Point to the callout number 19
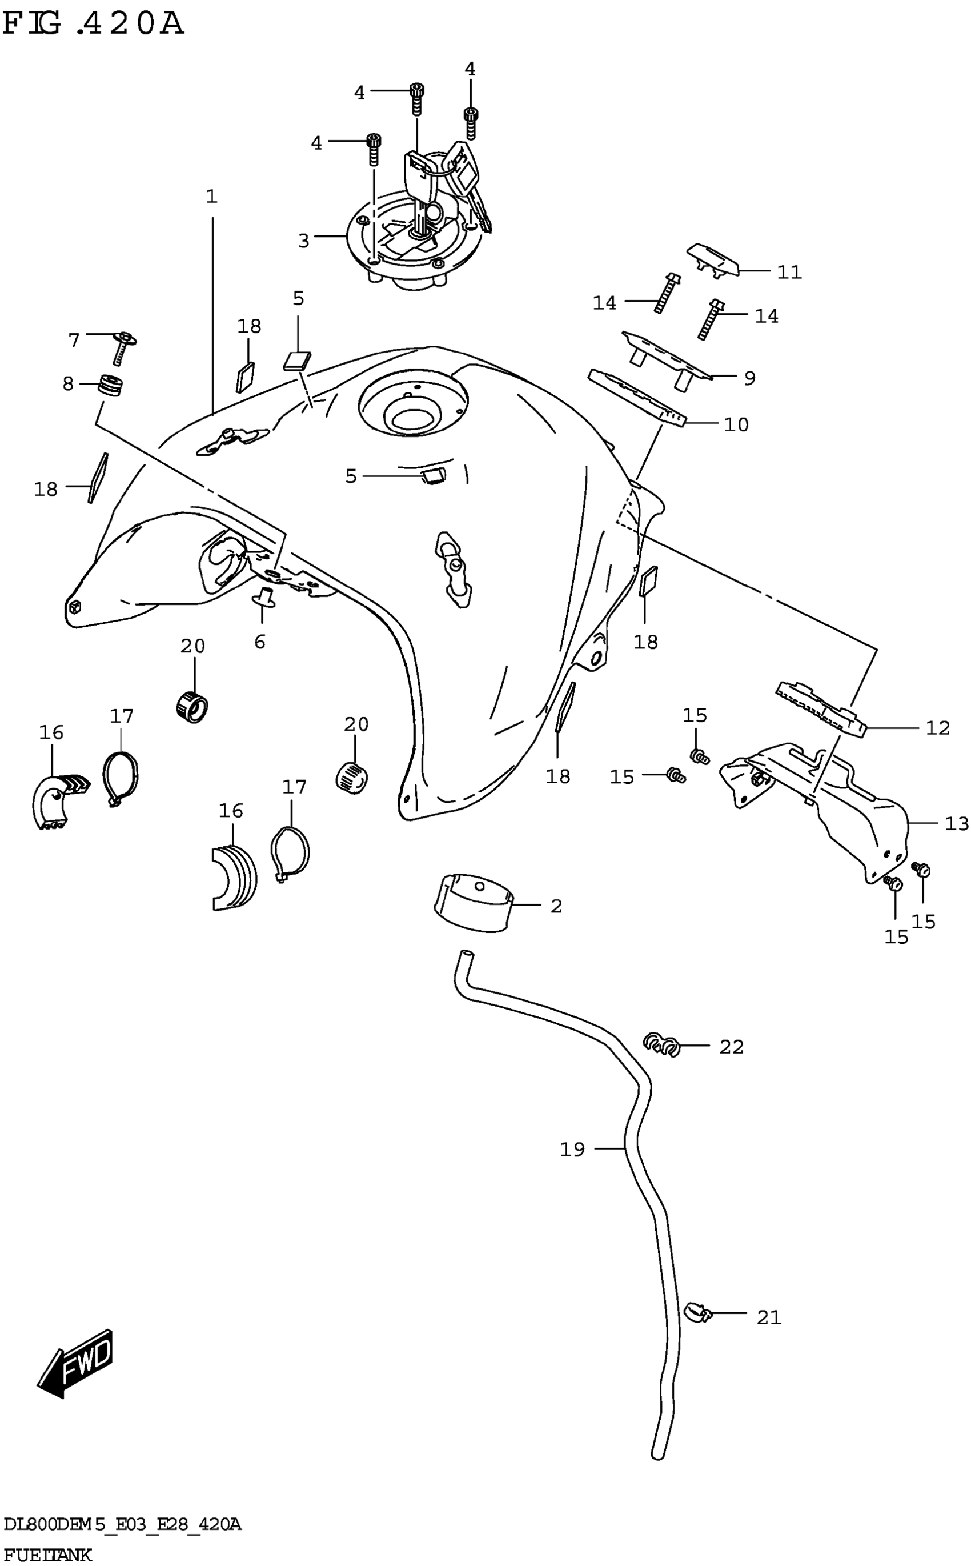[572, 1148]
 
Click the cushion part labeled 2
[474, 901]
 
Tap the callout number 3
[304, 241]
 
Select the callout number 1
[212, 197]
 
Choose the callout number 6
[259, 641]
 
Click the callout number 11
[789, 273]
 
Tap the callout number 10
[736, 424]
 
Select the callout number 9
[749, 378]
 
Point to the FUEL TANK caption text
[47, 1555]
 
